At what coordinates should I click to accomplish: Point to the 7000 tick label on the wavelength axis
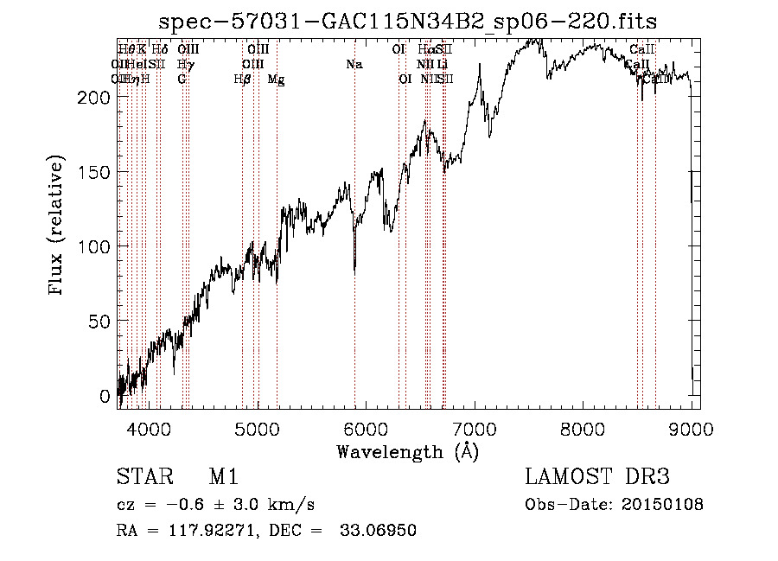tap(475, 428)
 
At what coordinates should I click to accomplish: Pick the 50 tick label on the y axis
tap(99, 322)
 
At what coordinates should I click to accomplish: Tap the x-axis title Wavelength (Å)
tap(407, 451)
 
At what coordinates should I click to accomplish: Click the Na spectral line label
tap(353, 65)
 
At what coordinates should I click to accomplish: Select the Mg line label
tap(276, 80)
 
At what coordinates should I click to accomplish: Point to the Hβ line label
tap(242, 80)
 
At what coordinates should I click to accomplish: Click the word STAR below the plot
tap(143, 478)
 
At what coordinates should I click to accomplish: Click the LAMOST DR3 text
tap(596, 478)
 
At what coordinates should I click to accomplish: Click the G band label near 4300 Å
tap(182, 80)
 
